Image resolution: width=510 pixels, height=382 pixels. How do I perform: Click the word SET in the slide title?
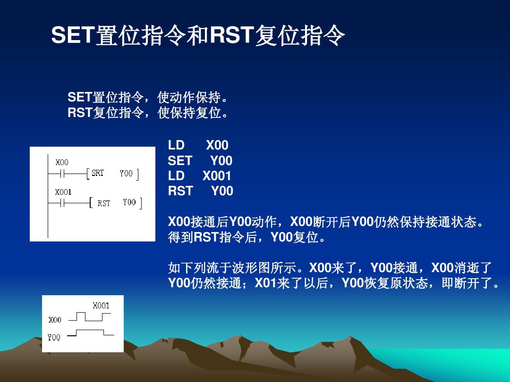tap(73, 36)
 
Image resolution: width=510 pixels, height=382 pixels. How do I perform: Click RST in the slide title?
tap(231, 36)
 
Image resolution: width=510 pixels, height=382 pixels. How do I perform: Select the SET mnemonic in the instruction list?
tap(180, 161)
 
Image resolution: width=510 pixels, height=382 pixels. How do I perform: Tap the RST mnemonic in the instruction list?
tap(180, 191)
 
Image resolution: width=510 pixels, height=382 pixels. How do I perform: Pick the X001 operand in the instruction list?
tap(217, 176)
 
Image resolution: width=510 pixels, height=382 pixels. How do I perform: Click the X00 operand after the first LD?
tap(217, 146)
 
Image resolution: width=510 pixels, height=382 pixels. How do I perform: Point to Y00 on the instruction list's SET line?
tap(221, 161)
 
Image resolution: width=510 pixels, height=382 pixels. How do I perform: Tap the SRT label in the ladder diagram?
tap(98, 174)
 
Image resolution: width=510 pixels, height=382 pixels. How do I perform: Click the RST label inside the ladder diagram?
tap(104, 203)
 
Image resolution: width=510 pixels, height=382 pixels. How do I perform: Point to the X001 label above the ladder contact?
tap(63, 192)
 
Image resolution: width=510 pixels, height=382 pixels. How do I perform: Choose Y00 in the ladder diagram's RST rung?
tap(129, 202)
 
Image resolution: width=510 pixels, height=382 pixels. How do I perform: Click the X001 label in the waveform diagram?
tap(101, 306)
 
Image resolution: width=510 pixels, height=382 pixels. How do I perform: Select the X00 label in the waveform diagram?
tap(55, 320)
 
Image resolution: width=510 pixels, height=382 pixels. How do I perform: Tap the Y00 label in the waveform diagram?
tap(54, 337)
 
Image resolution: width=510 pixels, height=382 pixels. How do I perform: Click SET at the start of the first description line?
tap(79, 98)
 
